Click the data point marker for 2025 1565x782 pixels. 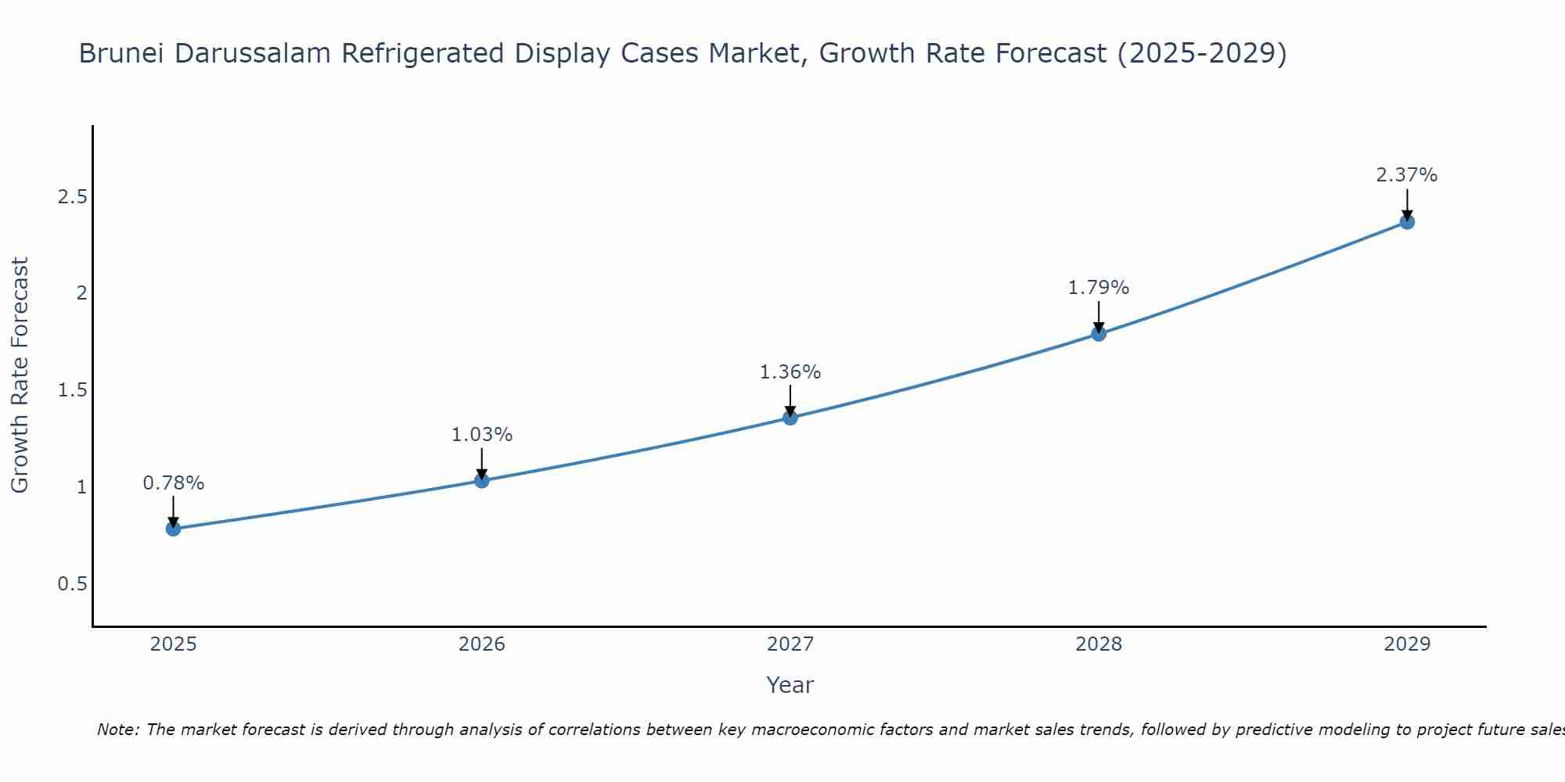(173, 529)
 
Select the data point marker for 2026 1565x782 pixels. (482, 480)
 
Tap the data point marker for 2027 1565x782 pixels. (790, 418)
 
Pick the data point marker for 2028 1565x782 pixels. (1099, 334)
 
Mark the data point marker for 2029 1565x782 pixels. (1407, 222)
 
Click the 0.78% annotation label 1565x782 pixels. (173, 483)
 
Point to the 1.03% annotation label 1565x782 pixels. (482, 435)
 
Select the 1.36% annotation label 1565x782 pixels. (790, 372)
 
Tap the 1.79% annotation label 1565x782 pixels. (1099, 288)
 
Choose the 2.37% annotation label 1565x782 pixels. (1407, 175)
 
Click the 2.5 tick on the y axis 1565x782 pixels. (72, 196)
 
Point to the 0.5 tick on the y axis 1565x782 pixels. (72, 584)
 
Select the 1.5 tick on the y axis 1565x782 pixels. (72, 390)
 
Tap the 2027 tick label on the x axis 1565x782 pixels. (790, 644)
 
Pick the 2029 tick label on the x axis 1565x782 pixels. (1407, 644)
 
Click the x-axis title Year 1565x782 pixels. (790, 685)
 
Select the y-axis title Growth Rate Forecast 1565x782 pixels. (20, 375)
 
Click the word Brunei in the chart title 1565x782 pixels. (121, 53)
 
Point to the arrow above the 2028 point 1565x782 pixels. (1099, 317)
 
